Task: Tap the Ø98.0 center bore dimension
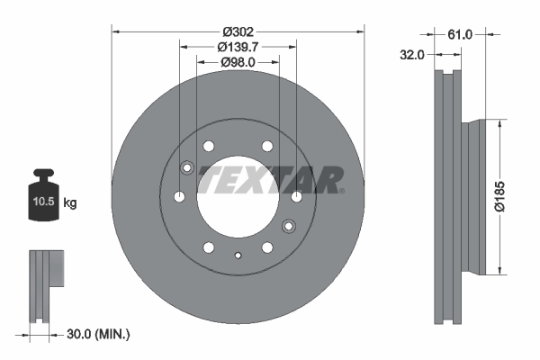point(238,62)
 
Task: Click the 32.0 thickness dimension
point(411,55)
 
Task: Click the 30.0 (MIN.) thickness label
point(98,334)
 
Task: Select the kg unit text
point(70,204)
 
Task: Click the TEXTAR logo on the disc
point(270,179)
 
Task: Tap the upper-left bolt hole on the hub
point(209,146)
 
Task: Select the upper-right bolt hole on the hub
point(266,146)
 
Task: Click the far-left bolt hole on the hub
point(179,196)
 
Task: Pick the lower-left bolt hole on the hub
point(209,247)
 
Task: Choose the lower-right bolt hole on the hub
point(267,247)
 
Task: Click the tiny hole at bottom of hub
point(238,256)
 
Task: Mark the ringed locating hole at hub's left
point(187,167)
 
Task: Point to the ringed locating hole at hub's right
point(289,225)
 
